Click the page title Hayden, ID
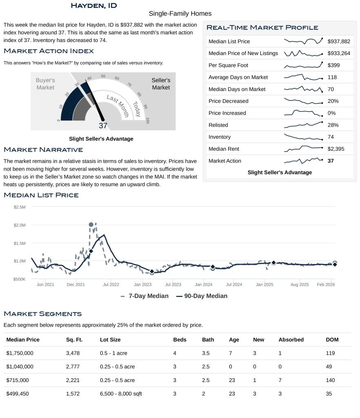click(x=93, y=5)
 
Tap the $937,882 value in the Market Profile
click(x=339, y=41)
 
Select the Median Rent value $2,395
click(x=336, y=149)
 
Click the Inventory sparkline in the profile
click(x=303, y=137)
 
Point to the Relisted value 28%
click(x=333, y=125)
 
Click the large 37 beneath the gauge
click(x=103, y=126)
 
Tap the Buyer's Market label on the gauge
click(x=45, y=84)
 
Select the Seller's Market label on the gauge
click(x=161, y=84)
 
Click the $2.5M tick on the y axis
click(x=20, y=207)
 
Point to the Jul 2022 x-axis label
click(x=111, y=284)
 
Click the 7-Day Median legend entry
click(x=144, y=296)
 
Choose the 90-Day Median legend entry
click(x=202, y=296)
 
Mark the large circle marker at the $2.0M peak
click(x=91, y=225)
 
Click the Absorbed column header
click(x=291, y=340)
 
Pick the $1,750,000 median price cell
click(x=20, y=353)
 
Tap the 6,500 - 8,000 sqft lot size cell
click(x=121, y=394)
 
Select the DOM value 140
click(x=330, y=380)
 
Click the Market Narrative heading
click(x=43, y=150)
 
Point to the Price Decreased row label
click(x=228, y=101)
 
